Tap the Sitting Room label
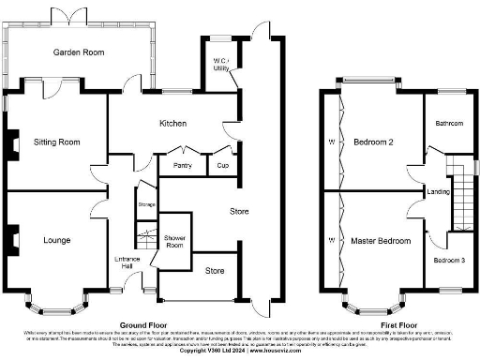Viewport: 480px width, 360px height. point(56,142)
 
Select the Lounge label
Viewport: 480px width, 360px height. point(56,241)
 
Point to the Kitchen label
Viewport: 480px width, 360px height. point(172,124)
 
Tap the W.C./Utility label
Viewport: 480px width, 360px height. point(221,66)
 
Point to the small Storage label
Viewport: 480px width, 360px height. point(145,203)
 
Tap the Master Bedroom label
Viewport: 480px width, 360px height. point(381,241)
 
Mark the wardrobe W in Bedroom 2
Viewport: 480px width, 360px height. point(332,142)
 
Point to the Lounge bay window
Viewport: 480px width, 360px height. point(56,303)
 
